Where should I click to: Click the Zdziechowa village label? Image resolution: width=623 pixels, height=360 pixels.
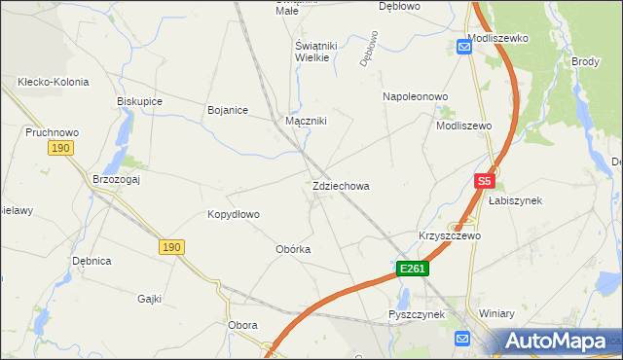point(341,186)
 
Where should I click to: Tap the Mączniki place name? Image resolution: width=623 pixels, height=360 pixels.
point(306,122)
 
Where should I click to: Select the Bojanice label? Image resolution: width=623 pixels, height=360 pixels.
point(228,110)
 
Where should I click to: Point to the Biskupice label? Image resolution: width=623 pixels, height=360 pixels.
point(139,101)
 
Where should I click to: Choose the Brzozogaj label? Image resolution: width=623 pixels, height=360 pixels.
point(117,179)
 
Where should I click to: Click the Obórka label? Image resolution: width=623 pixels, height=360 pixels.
point(293,249)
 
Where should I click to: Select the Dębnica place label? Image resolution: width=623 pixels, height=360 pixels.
point(92,262)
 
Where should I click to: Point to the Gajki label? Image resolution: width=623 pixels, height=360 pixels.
point(149,299)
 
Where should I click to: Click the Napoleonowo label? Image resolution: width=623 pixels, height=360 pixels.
point(415,97)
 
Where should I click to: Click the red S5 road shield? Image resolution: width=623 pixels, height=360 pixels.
point(485,181)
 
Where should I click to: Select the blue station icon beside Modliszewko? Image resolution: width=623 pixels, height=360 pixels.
point(464,46)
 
